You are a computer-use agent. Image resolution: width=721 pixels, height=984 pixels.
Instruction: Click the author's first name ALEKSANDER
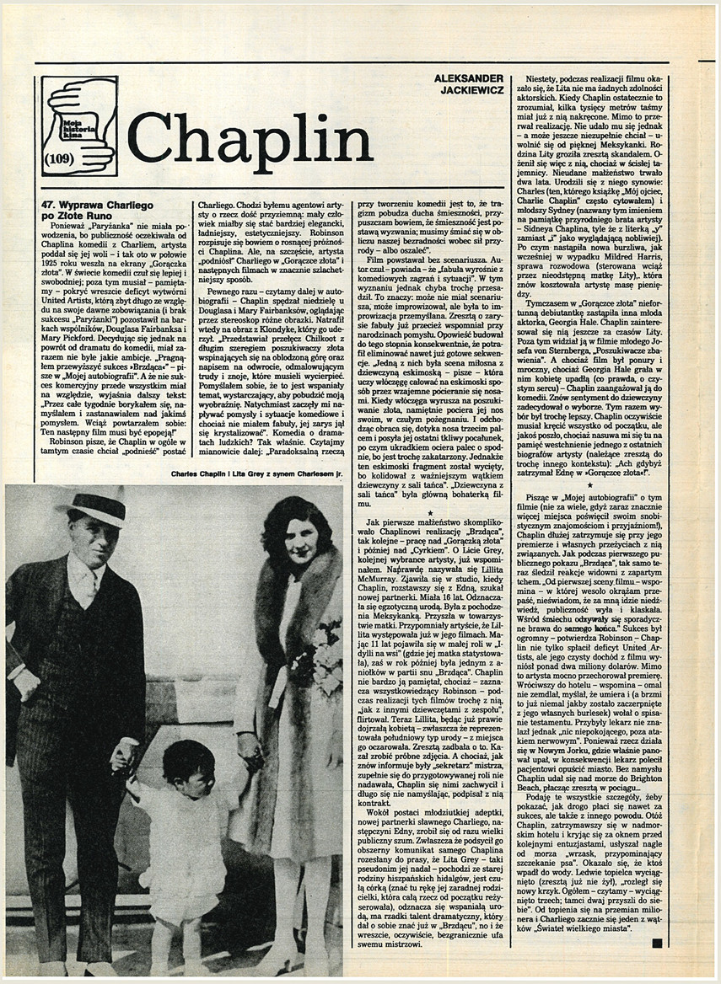click(469, 78)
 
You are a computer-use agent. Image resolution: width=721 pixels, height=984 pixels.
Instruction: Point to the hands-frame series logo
click(79, 126)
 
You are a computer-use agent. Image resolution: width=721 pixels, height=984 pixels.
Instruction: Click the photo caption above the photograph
click(256, 474)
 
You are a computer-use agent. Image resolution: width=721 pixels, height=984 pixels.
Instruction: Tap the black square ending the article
click(657, 944)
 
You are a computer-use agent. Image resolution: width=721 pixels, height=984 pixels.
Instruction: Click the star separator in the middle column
click(430, 511)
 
